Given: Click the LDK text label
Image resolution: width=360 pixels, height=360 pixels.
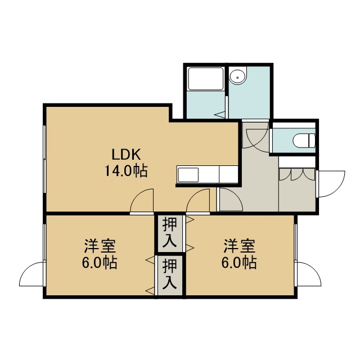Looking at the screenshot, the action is (126, 154).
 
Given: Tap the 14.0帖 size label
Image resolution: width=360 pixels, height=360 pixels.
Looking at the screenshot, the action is (126, 170).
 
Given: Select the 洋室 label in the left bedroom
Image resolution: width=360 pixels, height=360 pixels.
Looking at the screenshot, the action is (100, 246).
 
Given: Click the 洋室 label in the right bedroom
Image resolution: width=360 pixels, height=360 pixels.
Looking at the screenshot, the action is (240, 246).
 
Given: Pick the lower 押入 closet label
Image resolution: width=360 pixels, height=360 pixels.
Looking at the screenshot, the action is (170, 274).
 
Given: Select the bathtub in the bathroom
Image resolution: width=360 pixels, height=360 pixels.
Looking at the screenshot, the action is (206, 79).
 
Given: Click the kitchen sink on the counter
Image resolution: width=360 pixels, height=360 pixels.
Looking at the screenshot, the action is (188, 175).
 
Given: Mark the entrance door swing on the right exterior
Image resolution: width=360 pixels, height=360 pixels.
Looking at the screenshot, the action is (331, 184).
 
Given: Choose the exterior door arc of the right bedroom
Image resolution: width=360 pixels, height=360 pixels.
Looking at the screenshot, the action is (309, 274).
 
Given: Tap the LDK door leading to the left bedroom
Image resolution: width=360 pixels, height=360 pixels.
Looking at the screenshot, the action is (142, 200).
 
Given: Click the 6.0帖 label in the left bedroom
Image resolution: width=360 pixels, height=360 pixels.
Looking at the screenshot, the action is (100, 263).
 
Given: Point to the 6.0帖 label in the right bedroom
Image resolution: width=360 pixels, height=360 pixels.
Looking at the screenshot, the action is (239, 263).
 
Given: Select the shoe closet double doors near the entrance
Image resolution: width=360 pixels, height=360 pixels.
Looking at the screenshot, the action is (297, 174).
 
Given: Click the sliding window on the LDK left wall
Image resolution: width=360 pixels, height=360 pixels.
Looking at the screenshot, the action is (44, 159).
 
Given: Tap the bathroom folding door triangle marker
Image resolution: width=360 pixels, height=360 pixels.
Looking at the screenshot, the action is (220, 114).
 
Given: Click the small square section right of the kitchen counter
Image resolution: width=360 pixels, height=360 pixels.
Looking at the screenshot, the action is (228, 174).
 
